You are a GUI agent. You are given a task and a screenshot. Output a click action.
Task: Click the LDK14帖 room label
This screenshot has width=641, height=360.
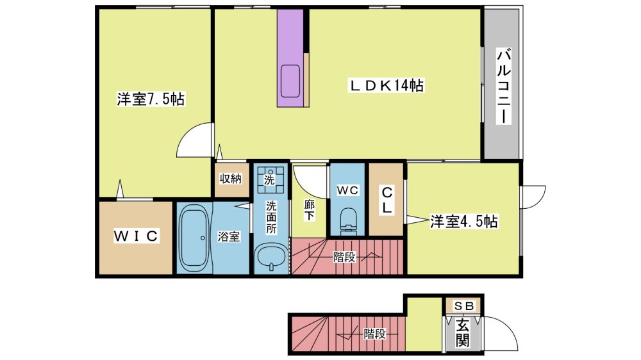(x=386, y=85)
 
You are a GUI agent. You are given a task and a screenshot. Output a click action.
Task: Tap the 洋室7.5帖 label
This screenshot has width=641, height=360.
(x=151, y=99)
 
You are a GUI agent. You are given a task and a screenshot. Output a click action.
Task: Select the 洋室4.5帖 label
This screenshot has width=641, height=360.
(x=463, y=222)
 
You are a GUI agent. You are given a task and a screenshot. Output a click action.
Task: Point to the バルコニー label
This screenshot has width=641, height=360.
(x=504, y=86)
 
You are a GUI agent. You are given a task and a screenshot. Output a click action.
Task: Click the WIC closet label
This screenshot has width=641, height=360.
(x=136, y=236)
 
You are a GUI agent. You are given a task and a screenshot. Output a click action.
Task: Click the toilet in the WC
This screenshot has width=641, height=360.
(x=348, y=221)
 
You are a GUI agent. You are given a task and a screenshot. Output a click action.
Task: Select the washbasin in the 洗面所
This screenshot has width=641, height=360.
(x=271, y=258)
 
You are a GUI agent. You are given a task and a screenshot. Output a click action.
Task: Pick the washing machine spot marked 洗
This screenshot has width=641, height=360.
(x=269, y=179)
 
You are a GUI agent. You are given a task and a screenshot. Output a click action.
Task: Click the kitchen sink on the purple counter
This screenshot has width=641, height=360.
(x=290, y=81)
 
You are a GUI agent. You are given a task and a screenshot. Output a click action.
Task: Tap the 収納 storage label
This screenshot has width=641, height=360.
(x=231, y=179)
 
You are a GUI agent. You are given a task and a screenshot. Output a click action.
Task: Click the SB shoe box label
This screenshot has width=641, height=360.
(x=464, y=306)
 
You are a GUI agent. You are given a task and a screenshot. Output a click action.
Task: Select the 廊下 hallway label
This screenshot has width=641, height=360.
(x=310, y=210)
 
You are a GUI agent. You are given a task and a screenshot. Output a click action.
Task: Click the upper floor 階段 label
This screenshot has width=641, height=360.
(x=344, y=257)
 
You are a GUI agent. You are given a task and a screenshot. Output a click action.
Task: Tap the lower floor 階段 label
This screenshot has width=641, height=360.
(x=375, y=334)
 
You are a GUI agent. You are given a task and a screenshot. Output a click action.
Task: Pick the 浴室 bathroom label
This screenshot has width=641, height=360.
(x=229, y=236)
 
